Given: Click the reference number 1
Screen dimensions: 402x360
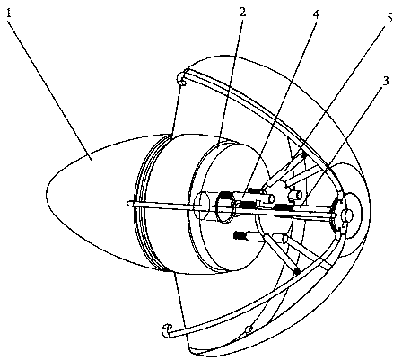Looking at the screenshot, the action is [x=9, y=13].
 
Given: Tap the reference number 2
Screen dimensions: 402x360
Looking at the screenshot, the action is [x=242, y=12].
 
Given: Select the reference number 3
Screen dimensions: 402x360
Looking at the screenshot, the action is [x=386, y=81].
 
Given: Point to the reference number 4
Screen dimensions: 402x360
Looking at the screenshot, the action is [x=316, y=13].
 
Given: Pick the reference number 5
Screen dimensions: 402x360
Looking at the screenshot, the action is [x=390, y=18].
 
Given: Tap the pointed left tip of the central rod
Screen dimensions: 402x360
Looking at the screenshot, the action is [x=127, y=204].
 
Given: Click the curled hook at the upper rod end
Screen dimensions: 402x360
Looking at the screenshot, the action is [x=182, y=78].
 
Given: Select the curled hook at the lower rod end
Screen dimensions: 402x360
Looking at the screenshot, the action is [x=167, y=330].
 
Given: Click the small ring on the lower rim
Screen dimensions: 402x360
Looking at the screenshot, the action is [x=248, y=329].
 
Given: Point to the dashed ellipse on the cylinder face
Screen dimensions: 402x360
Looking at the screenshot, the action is [x=201, y=206].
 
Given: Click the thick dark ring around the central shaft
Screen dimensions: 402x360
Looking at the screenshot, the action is [x=224, y=207].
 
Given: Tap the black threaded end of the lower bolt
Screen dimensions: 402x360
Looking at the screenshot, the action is [x=240, y=235].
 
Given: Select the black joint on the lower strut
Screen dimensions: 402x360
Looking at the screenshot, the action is [x=297, y=271].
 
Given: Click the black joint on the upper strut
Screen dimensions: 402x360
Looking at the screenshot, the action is [x=303, y=155].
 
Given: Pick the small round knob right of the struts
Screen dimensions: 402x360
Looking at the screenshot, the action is [x=294, y=195].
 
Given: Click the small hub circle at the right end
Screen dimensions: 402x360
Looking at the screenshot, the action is [x=348, y=215].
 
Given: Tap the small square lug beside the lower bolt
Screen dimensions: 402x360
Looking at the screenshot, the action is [x=284, y=239].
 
